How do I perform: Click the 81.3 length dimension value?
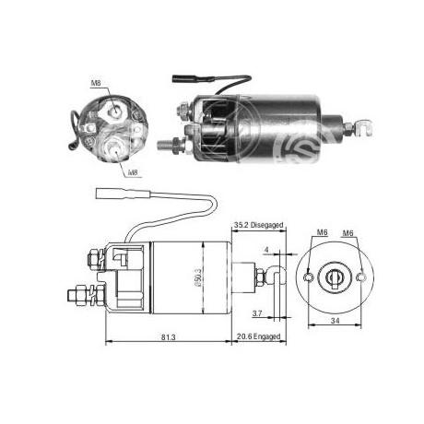[168, 337]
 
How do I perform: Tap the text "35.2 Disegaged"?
[258, 225]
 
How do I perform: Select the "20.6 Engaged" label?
[258, 336]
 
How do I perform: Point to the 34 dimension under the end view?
[335, 321]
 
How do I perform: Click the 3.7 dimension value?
[257, 313]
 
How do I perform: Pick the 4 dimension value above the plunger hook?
[266, 250]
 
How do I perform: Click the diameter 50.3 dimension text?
[198, 277]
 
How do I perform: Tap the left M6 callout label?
[322, 232]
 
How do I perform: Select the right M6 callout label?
[347, 233]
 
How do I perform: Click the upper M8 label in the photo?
[96, 83]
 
